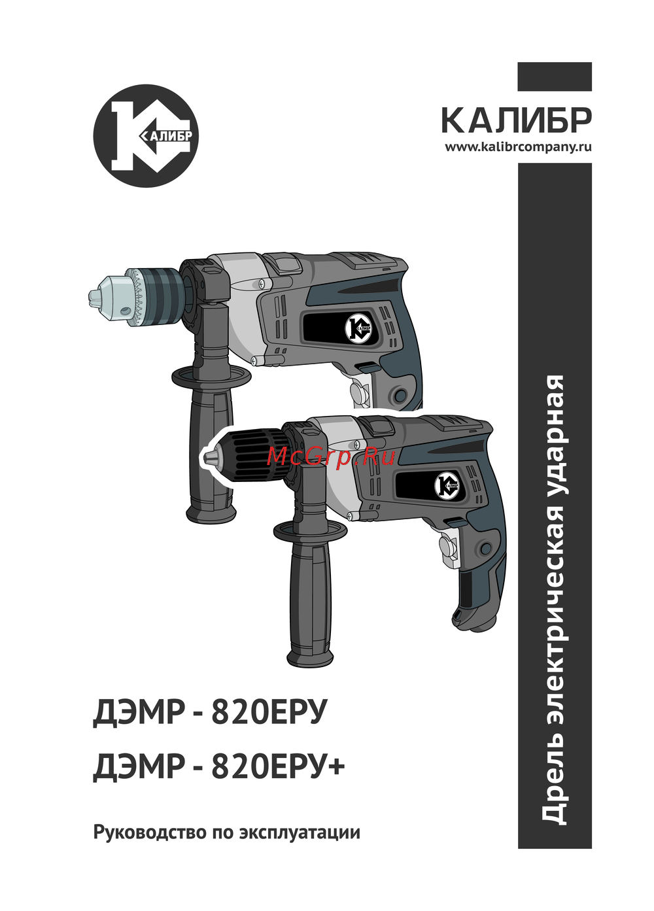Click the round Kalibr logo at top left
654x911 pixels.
(x=146, y=135)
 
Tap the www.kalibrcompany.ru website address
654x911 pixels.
(x=518, y=146)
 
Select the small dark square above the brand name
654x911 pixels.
(x=555, y=77)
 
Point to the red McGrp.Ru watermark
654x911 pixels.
(x=331, y=458)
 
